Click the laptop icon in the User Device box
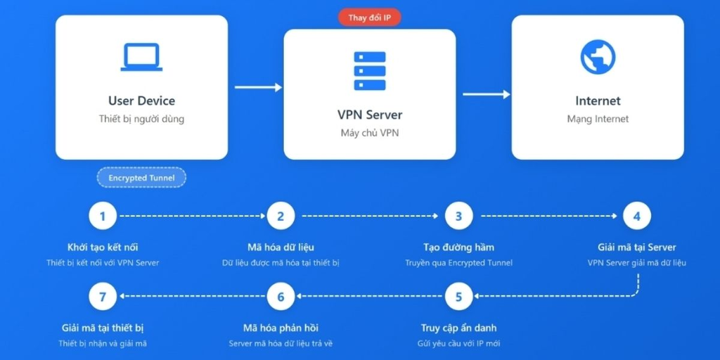click(141, 57)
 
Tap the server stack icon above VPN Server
click(369, 70)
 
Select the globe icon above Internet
click(598, 57)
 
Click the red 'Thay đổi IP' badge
click(369, 18)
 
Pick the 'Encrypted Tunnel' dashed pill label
click(141, 178)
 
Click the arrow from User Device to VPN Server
click(257, 87)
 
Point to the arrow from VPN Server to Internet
click(486, 94)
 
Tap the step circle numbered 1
click(103, 216)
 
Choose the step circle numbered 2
click(281, 216)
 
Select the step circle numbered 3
click(458, 216)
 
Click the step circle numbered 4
click(636, 216)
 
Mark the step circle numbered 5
click(458, 297)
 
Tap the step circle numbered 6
click(281, 297)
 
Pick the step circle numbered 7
click(103, 297)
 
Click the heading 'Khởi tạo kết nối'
click(103, 247)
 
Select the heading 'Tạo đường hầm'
click(458, 247)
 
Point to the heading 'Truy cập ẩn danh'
click(458, 328)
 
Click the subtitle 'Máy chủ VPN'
click(369, 134)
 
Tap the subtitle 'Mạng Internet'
click(598, 120)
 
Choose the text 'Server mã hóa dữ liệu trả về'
click(281, 344)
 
